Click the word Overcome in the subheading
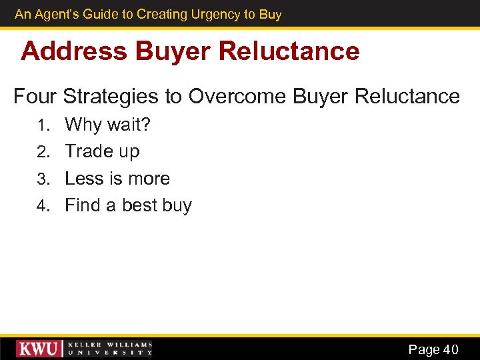[237, 96]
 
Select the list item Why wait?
[108, 125]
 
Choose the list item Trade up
[102, 152]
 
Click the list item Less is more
[117, 179]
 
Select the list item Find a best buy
[128, 206]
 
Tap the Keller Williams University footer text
[109, 349]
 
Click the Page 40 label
[433, 349]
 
